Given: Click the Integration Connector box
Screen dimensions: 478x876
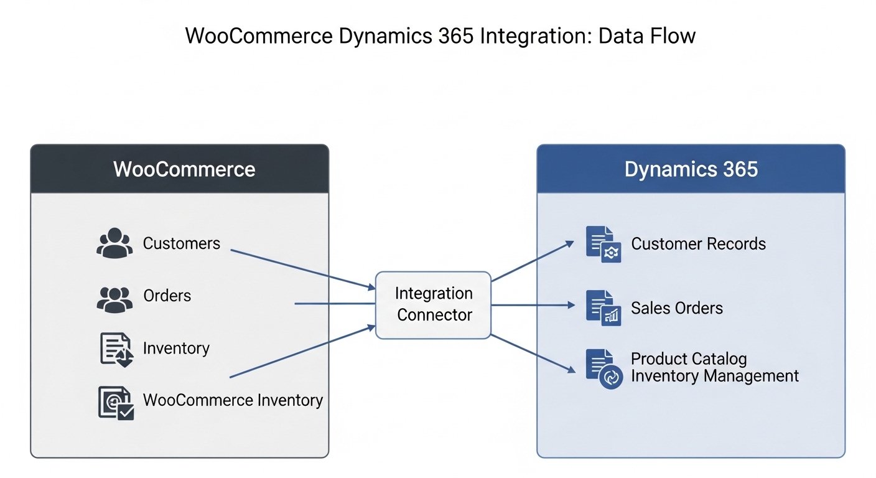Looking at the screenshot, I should point(434,304).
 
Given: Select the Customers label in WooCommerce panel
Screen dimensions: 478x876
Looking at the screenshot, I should point(182,243).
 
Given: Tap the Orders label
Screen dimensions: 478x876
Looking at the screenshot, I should point(167,296).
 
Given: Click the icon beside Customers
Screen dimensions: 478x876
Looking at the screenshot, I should point(114,243).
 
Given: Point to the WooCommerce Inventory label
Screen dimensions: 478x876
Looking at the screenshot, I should point(233,400).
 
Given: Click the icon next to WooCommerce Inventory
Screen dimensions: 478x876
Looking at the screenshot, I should point(116,403).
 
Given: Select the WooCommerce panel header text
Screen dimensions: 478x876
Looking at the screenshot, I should point(184,169).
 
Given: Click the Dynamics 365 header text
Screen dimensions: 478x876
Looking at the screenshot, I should point(691,169).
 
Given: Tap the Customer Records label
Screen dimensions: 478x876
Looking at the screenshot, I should point(699,244).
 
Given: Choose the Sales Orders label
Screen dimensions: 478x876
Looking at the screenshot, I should point(677,308).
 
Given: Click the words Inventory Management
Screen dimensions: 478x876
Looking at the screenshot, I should point(715,376).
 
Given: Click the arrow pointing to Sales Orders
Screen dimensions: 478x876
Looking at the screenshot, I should point(533,305).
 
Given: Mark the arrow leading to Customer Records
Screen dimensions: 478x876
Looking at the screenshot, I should point(533,261).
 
